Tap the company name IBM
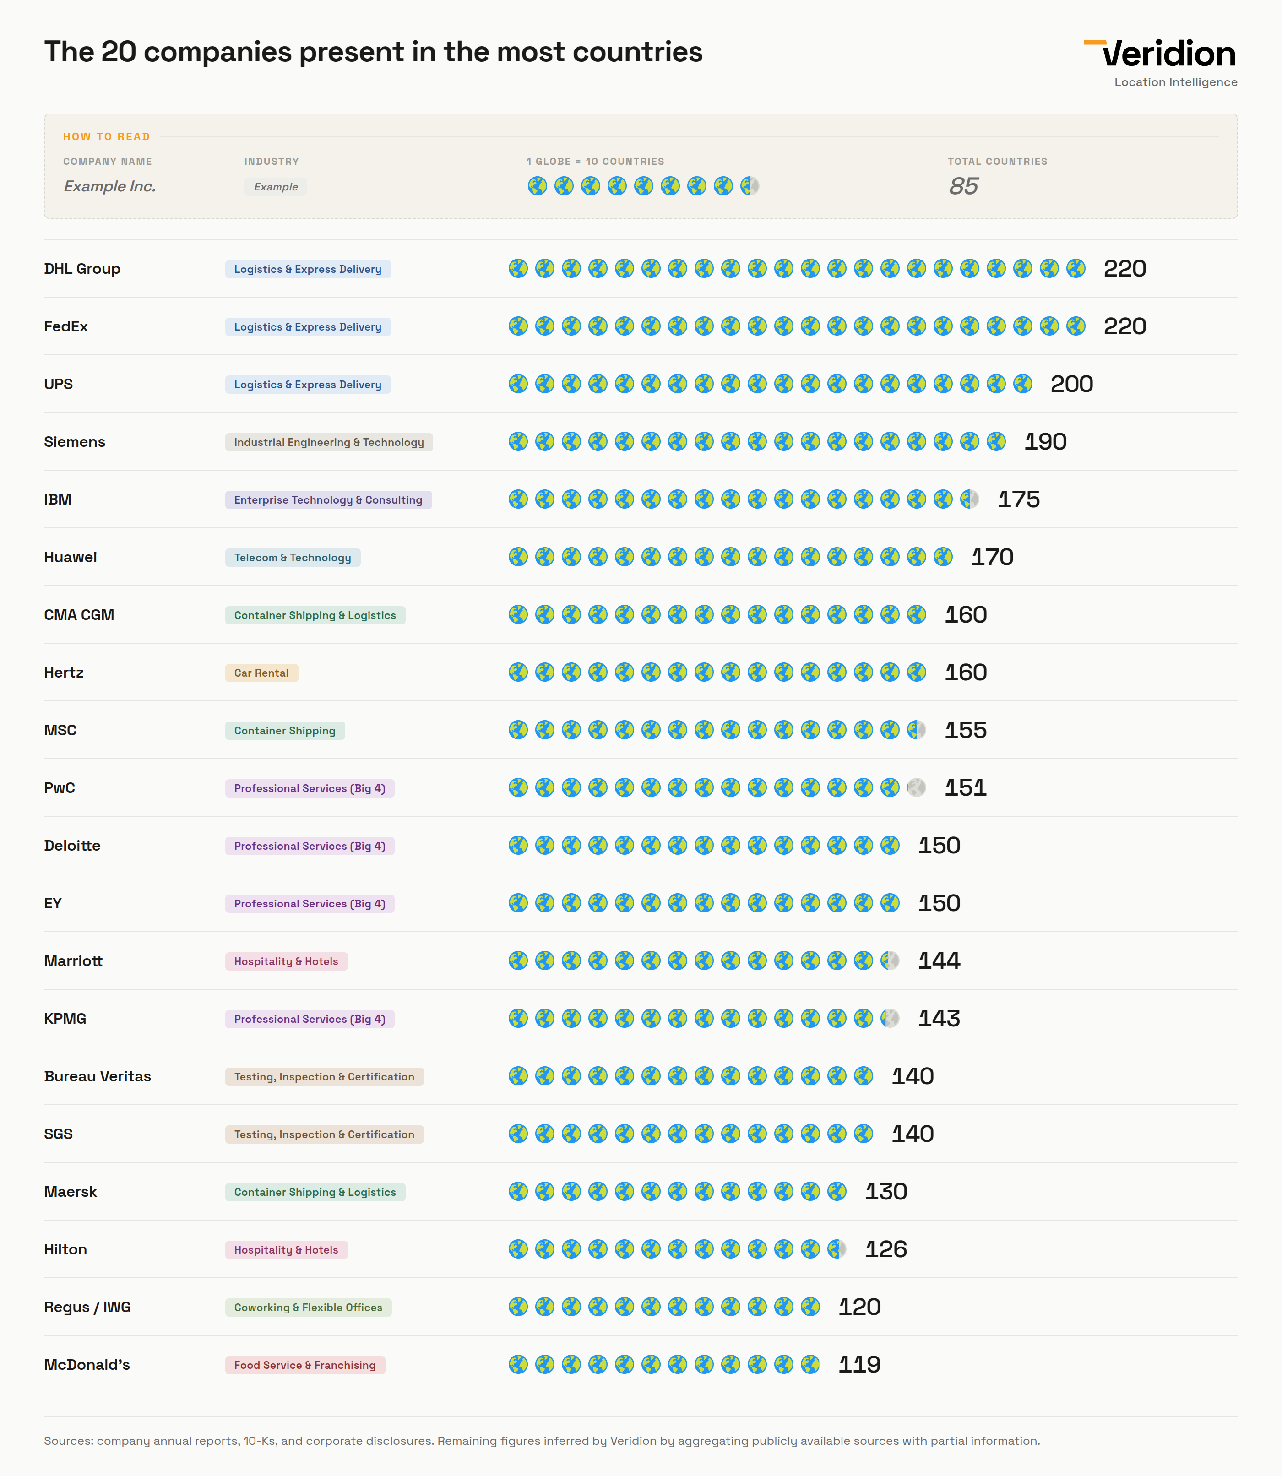(57, 499)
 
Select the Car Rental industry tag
(261, 673)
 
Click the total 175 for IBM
(1018, 499)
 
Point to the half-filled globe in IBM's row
(969, 499)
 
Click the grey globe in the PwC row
(917, 788)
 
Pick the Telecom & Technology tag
(292, 557)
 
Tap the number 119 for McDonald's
(859, 1364)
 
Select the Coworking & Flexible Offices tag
(308, 1307)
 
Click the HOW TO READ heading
(107, 136)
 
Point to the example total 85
(963, 186)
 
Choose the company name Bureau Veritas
(97, 1076)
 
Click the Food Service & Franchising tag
(305, 1365)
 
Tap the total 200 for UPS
(1071, 384)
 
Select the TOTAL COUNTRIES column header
(997, 162)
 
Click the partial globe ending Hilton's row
(837, 1249)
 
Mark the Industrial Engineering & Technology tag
(328, 442)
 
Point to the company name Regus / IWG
(87, 1307)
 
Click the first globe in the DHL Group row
(518, 268)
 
